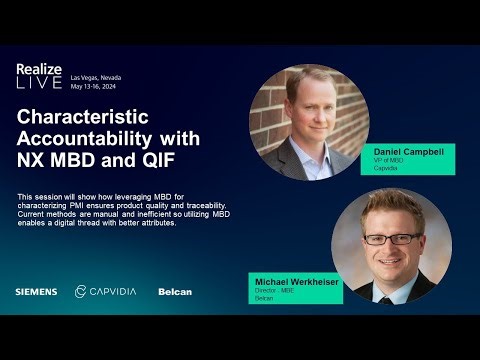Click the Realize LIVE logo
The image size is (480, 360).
tap(39, 77)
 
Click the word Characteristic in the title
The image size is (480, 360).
tap(90, 116)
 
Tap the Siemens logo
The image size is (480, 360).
tap(36, 292)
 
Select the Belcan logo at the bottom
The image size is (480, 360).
tap(175, 292)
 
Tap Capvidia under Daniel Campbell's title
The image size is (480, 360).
tap(385, 168)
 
